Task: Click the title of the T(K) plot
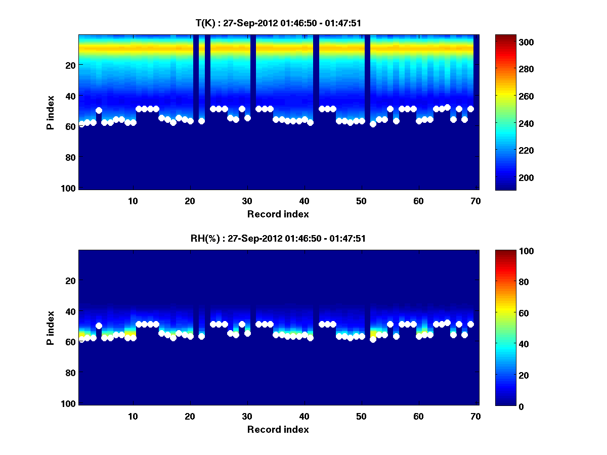278,23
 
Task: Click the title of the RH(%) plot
278,239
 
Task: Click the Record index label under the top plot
278,214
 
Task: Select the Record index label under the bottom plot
278,429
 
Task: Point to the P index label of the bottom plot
51,328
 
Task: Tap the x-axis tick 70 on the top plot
475,201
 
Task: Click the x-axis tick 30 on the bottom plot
247,416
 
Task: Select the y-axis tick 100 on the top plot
70,188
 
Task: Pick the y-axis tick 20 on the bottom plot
70,281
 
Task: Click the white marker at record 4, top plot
99,110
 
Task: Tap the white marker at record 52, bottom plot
373,339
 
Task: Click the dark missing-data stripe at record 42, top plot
316,111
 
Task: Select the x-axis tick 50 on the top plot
361,201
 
